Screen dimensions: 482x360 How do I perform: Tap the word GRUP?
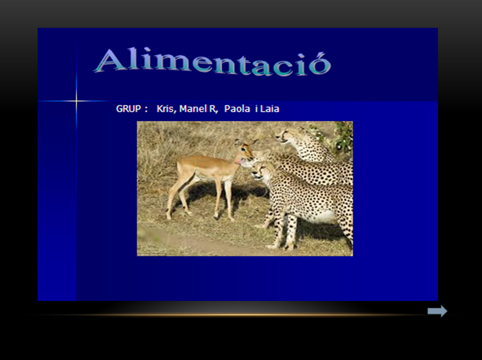129,109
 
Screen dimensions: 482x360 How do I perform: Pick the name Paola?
237,109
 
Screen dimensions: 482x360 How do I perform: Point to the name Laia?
269,109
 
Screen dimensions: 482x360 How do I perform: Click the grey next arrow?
437,311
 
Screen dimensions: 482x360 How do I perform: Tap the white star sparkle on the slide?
76,101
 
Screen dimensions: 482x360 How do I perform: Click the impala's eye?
244,149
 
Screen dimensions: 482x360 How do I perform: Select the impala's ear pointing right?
254,142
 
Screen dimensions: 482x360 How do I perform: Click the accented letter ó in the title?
320,64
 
